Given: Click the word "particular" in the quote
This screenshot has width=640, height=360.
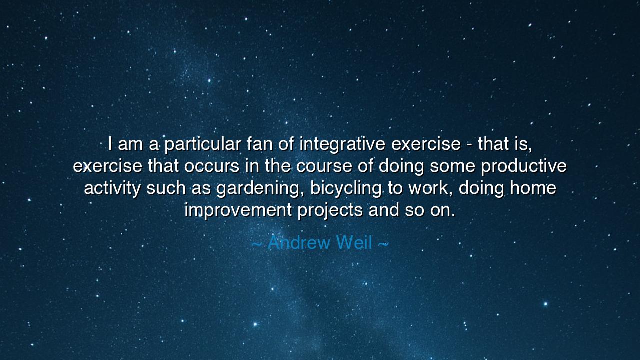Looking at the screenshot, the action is (203, 144).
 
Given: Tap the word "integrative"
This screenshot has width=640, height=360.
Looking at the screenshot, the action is (342, 144).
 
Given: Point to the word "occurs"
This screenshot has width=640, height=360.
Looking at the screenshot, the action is (211, 166).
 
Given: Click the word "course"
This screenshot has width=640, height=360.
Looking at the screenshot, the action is (324, 166).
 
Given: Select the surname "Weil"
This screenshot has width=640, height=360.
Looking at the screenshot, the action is (354, 243).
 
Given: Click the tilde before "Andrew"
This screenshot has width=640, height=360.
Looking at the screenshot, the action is (257, 244).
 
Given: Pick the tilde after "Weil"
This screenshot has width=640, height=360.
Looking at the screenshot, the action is (383, 244).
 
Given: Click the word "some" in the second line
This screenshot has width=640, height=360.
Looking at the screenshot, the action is (452, 166).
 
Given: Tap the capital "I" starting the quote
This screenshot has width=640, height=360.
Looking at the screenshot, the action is (110, 143).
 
